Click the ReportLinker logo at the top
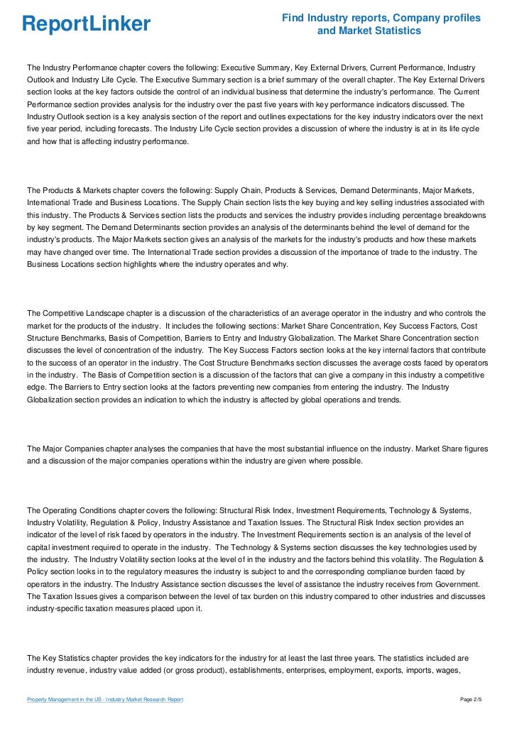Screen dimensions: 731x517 (x=86, y=24)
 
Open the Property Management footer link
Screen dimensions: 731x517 (x=105, y=700)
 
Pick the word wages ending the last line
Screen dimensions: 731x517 (x=472, y=669)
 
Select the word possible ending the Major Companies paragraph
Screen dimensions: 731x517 (x=346, y=461)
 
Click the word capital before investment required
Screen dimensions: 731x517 (x=40, y=546)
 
